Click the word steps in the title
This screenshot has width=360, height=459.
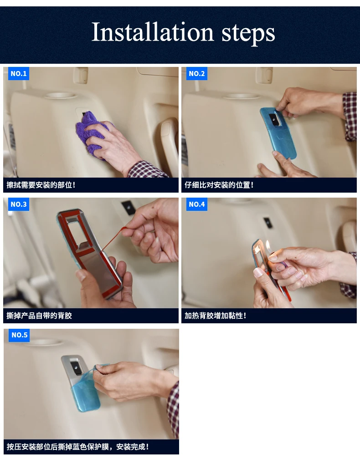click(x=248, y=34)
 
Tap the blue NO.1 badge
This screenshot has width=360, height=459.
click(x=18, y=73)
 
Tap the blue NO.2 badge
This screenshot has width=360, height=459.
click(x=196, y=73)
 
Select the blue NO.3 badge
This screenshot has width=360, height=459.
click(x=18, y=204)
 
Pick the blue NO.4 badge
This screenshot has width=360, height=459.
click(x=196, y=204)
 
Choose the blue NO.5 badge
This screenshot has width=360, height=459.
click(x=19, y=335)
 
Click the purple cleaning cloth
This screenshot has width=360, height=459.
click(x=92, y=133)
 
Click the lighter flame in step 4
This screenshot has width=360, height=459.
click(x=267, y=245)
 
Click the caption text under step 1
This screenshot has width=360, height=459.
click(x=41, y=185)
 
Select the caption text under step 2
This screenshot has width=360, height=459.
click(x=219, y=185)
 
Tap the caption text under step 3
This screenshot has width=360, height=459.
click(x=39, y=316)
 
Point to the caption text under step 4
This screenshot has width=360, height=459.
click(x=215, y=316)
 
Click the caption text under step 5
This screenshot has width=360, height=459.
click(x=77, y=447)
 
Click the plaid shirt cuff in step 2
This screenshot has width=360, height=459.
click(x=350, y=117)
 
